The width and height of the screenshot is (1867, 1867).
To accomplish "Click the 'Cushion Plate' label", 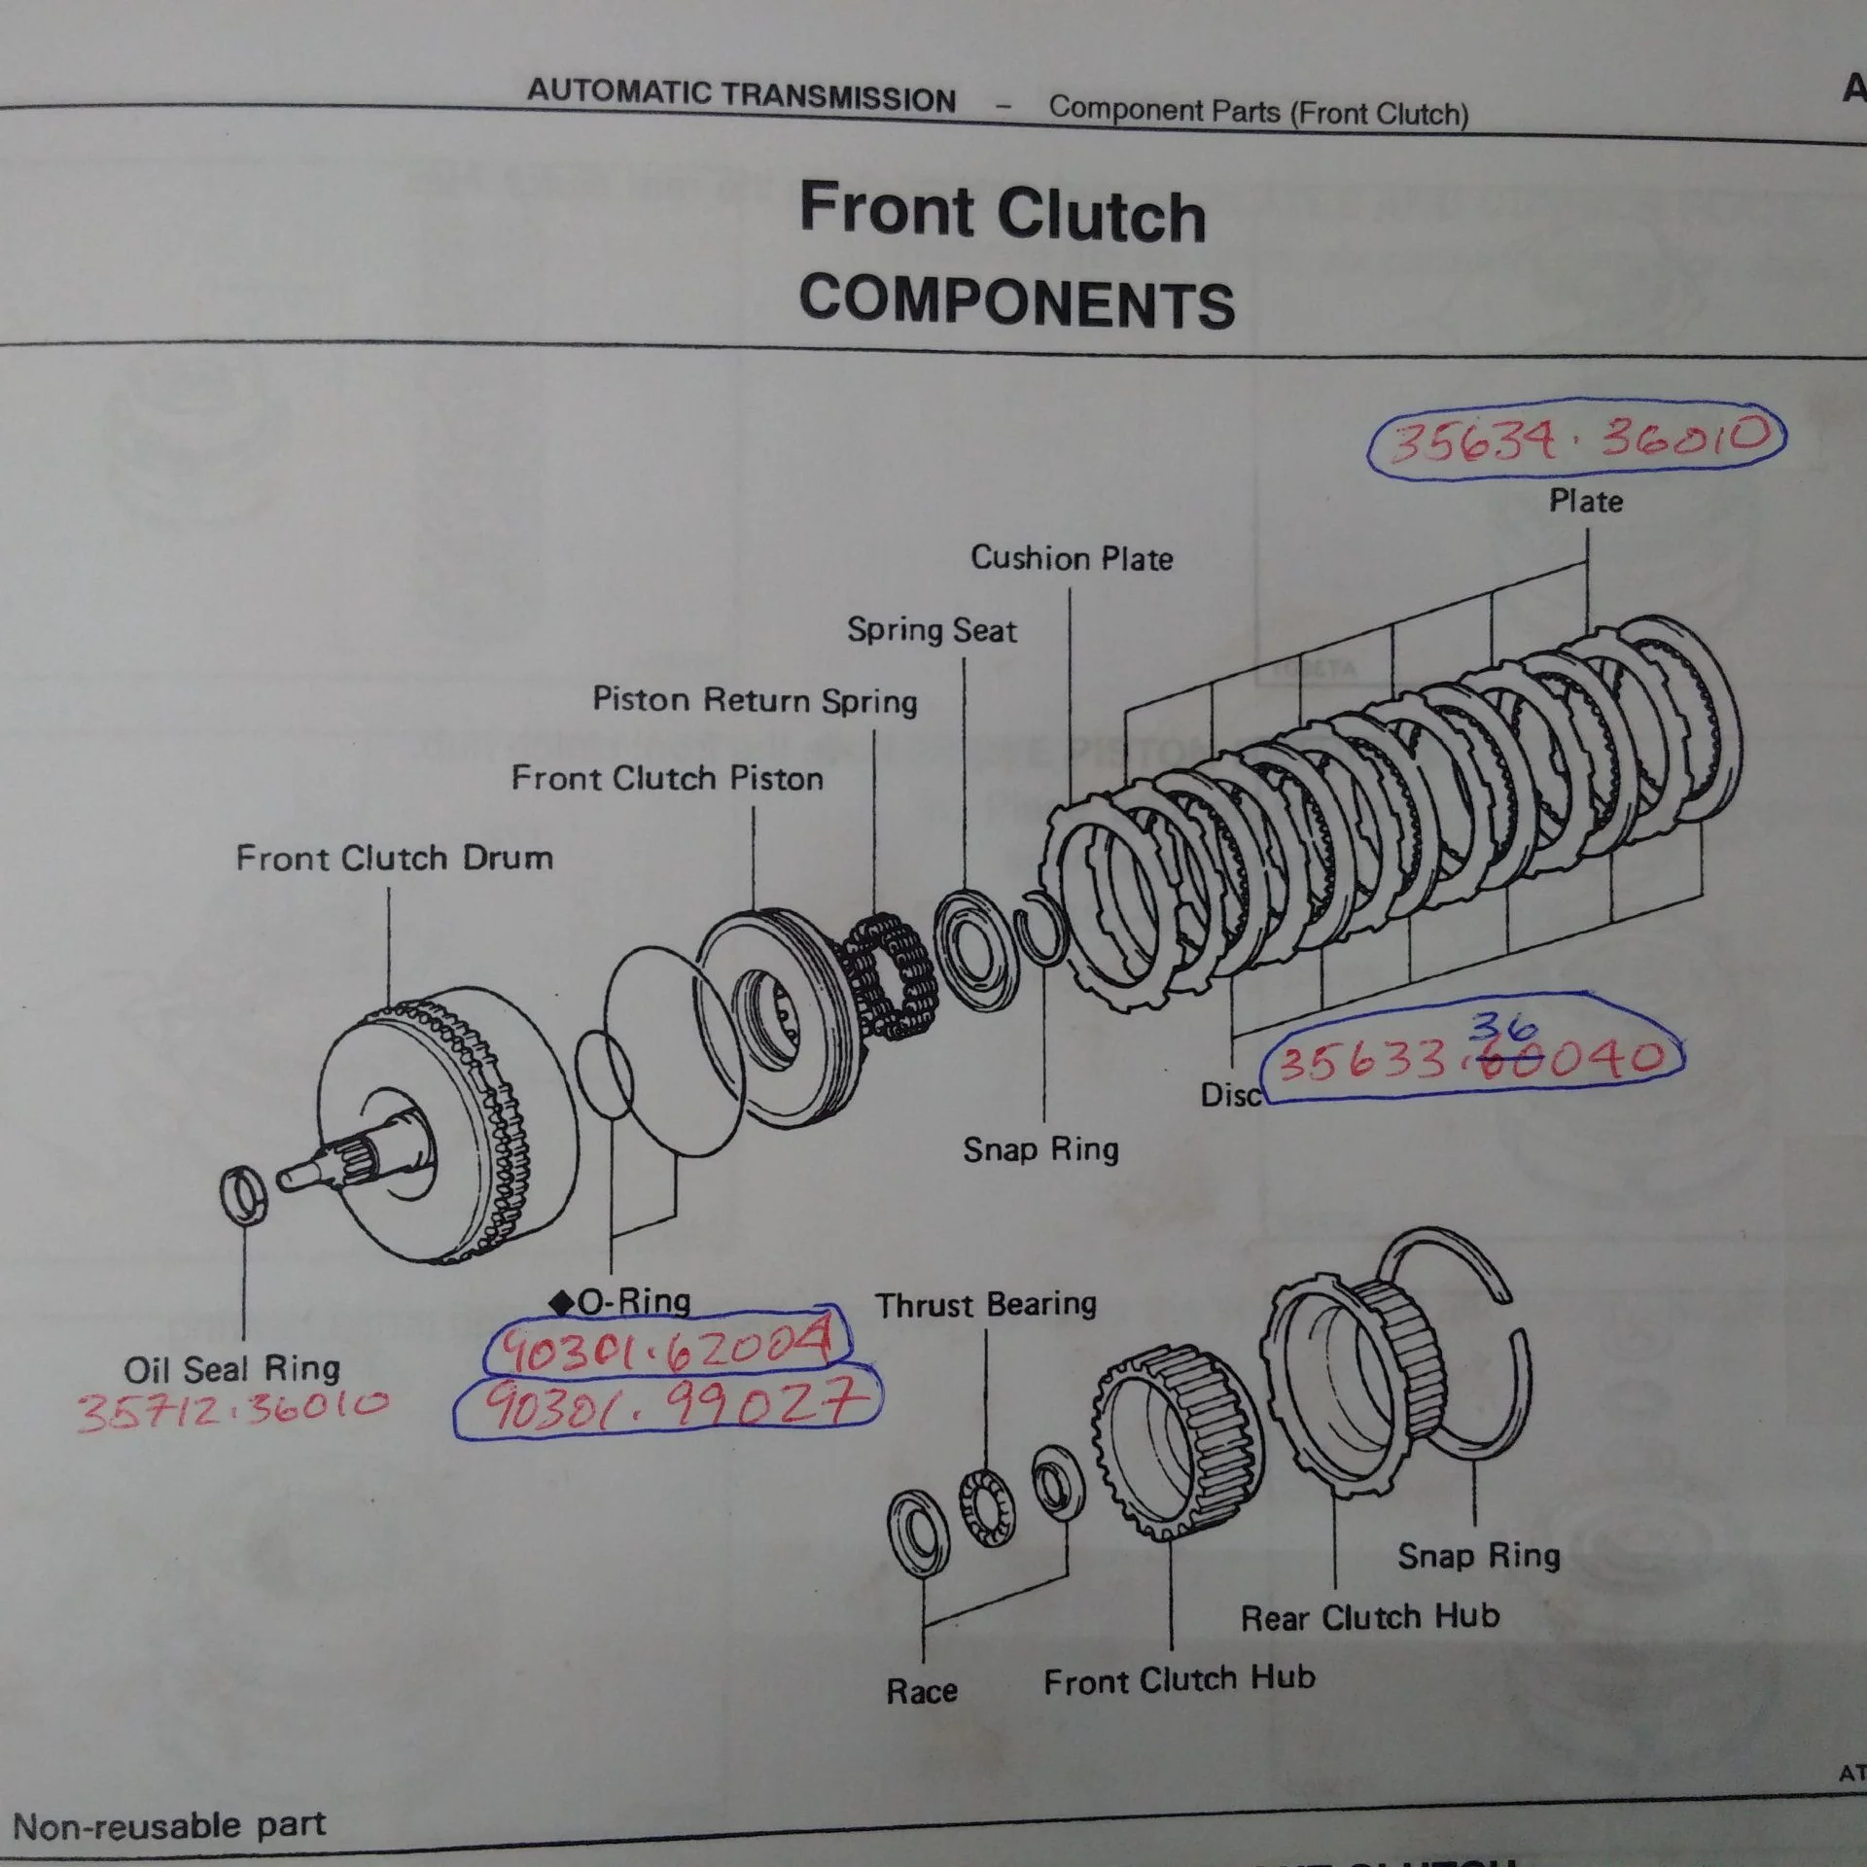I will coord(1072,558).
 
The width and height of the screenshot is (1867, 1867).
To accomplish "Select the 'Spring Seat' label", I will coord(932,630).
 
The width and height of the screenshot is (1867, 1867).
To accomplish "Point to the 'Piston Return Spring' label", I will coord(755,700).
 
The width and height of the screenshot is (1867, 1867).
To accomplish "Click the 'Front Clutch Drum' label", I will coord(394,858).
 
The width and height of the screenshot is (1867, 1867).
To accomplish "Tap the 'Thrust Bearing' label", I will coord(985,1304).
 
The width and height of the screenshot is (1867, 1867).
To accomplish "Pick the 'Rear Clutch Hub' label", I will coord(1369,1617).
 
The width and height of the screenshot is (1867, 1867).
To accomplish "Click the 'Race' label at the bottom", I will coord(921,1691).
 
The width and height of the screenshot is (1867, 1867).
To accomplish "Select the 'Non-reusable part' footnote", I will coord(169,1825).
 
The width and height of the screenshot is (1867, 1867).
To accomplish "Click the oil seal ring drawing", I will coord(243,1194).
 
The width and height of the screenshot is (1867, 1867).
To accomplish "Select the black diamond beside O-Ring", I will coord(561,1301).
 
